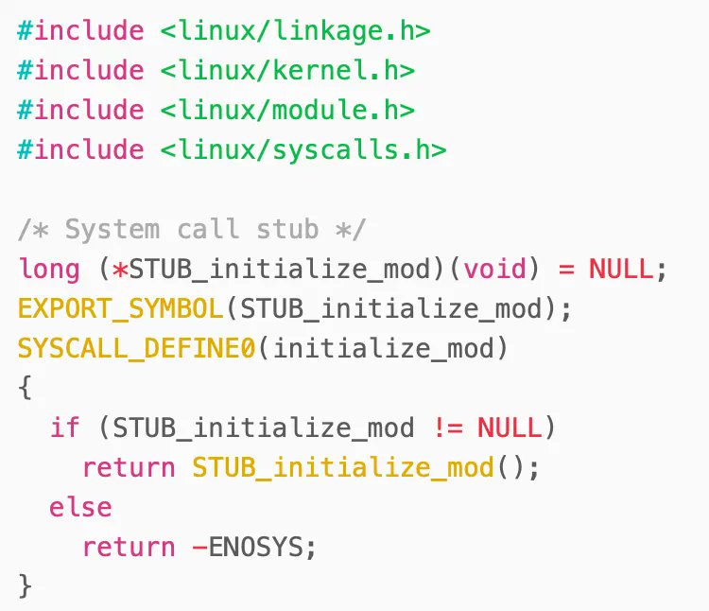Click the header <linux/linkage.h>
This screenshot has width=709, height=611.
click(295, 31)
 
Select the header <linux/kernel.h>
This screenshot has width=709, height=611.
click(287, 71)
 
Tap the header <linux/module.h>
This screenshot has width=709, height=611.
click(287, 111)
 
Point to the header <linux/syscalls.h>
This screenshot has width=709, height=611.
click(303, 150)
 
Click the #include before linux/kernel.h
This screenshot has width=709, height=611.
click(80, 71)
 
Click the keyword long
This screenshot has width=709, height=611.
click(49, 270)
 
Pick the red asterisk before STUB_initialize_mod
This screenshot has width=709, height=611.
click(120, 270)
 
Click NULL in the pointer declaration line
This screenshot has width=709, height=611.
click(620, 270)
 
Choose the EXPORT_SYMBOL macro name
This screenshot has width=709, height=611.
click(120, 309)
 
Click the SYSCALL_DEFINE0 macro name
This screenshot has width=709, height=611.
click(136, 349)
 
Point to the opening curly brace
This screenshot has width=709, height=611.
click(25, 389)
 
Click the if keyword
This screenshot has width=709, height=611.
click(65, 428)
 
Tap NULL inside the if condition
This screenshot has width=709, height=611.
click(510, 428)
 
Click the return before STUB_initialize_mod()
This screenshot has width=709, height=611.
click(129, 468)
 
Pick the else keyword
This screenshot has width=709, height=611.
click(80, 508)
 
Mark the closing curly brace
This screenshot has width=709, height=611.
click(25, 586)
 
